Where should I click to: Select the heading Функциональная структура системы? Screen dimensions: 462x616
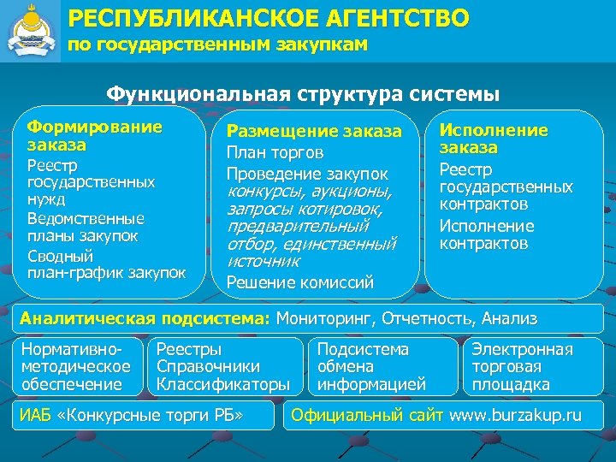point(303,92)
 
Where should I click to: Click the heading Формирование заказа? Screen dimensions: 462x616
point(94,136)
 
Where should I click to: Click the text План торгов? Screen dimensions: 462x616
point(274,153)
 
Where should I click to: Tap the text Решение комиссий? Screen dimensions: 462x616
point(299,281)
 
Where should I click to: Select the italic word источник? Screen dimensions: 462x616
point(264,261)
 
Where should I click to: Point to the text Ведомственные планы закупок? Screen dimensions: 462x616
point(86,227)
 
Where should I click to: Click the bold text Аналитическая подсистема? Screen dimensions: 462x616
point(145,319)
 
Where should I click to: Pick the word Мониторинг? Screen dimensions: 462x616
point(325,319)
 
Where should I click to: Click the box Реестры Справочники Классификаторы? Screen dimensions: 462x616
point(223,367)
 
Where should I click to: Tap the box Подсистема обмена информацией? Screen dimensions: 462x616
point(371,367)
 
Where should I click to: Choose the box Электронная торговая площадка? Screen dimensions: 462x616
point(522,367)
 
